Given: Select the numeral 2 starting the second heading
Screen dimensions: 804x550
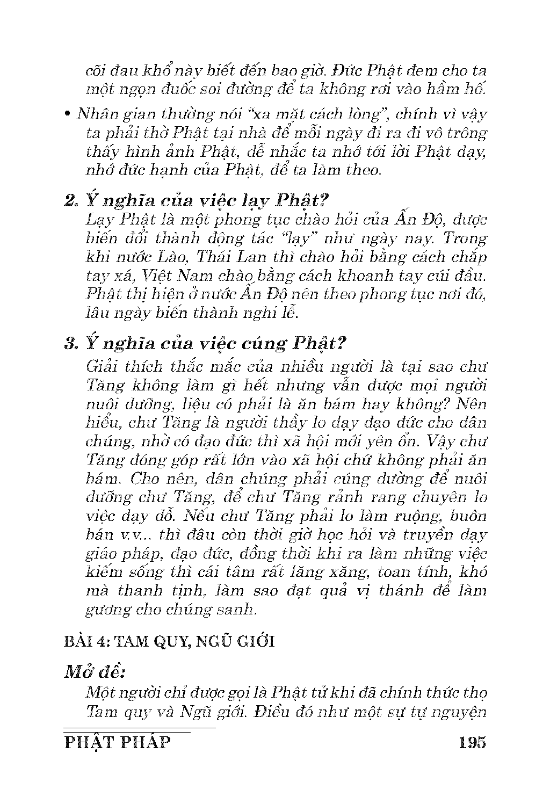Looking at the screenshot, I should [69, 201].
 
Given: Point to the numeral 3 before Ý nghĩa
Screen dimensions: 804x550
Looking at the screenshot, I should [69, 344].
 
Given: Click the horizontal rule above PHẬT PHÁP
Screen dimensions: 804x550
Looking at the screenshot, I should [139, 728].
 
